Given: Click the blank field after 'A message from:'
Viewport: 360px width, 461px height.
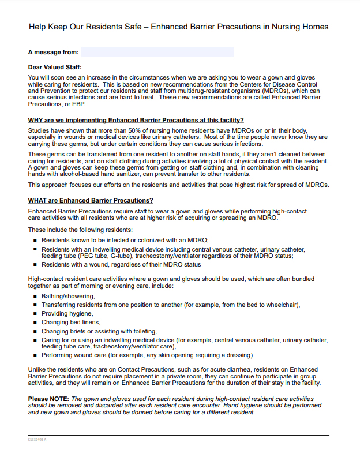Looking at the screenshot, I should coord(157,52).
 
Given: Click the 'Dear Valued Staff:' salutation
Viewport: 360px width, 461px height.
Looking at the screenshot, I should coord(55,68).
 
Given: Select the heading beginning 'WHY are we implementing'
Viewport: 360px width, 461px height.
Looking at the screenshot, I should coord(136,120).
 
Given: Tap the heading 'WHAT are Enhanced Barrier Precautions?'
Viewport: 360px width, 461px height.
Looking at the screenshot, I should coord(91,200).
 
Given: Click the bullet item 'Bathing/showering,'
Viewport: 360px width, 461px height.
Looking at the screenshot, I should coord(68,296).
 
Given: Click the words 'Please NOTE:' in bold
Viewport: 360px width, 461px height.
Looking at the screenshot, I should coord(48,399).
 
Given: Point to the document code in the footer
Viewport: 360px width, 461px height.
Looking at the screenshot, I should coord(37,440).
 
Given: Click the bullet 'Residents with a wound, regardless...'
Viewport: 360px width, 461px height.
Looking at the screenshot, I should coord(121,264).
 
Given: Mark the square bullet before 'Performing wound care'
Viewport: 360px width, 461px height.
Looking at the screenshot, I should coord(35,355).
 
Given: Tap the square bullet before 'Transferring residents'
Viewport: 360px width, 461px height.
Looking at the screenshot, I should coord(35,305).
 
